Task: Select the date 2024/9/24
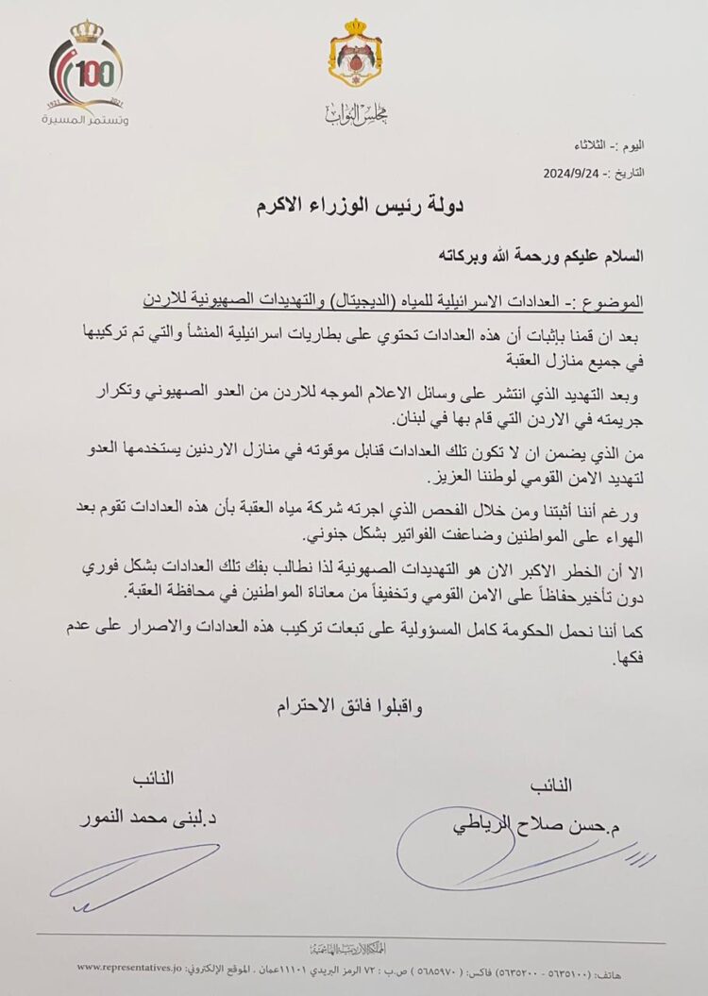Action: [x=575, y=174]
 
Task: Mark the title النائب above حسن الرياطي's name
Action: [x=552, y=785]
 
